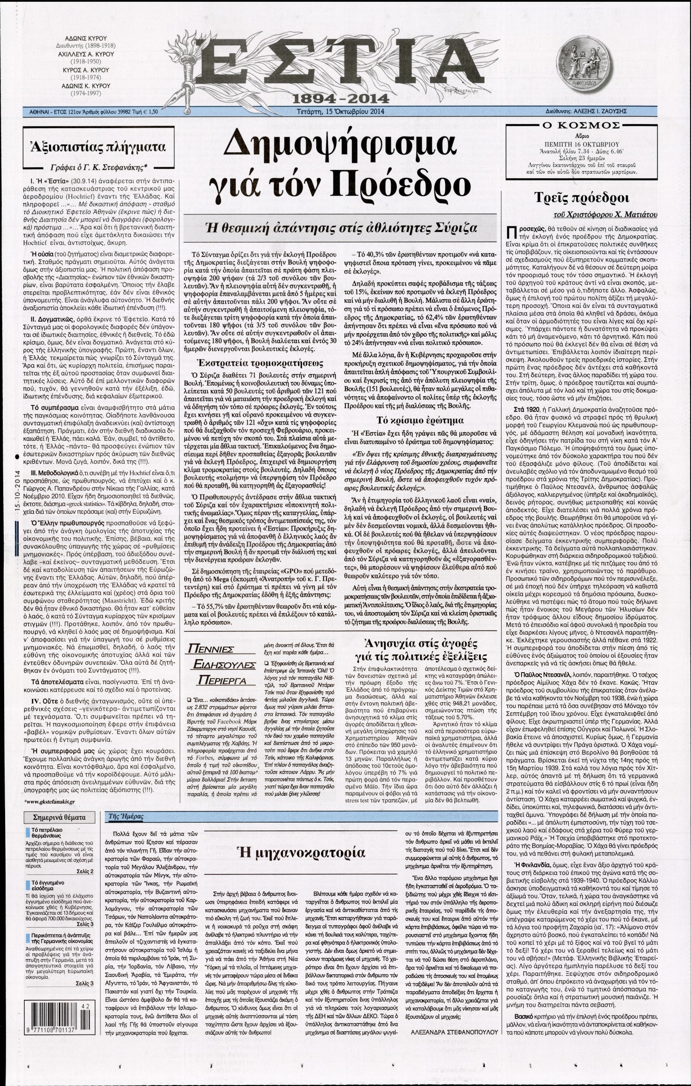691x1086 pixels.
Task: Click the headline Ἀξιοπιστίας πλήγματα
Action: click(97, 147)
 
